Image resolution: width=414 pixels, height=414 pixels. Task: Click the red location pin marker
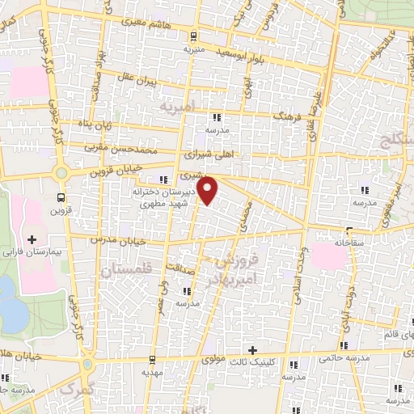(209, 191)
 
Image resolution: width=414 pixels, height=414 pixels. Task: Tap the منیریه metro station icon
(192, 36)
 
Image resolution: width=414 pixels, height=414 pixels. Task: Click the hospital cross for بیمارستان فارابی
(32, 239)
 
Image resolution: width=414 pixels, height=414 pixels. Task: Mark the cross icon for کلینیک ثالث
(254, 350)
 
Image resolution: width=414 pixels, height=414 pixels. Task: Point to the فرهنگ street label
(287, 116)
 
